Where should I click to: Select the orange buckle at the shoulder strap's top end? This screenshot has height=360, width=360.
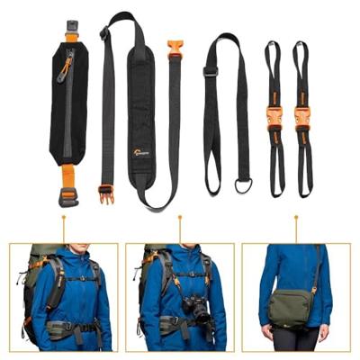click(x=175, y=49)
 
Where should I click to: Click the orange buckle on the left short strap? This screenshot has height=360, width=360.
click(x=274, y=118)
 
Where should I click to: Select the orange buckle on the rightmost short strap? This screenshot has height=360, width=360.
click(x=301, y=118)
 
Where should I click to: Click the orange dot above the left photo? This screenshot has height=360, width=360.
click(x=63, y=216)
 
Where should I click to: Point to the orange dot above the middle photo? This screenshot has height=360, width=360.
click(x=180, y=216)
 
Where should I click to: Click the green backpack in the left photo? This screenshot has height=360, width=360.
click(x=34, y=270)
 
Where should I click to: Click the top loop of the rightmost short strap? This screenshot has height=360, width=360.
click(x=301, y=50)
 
